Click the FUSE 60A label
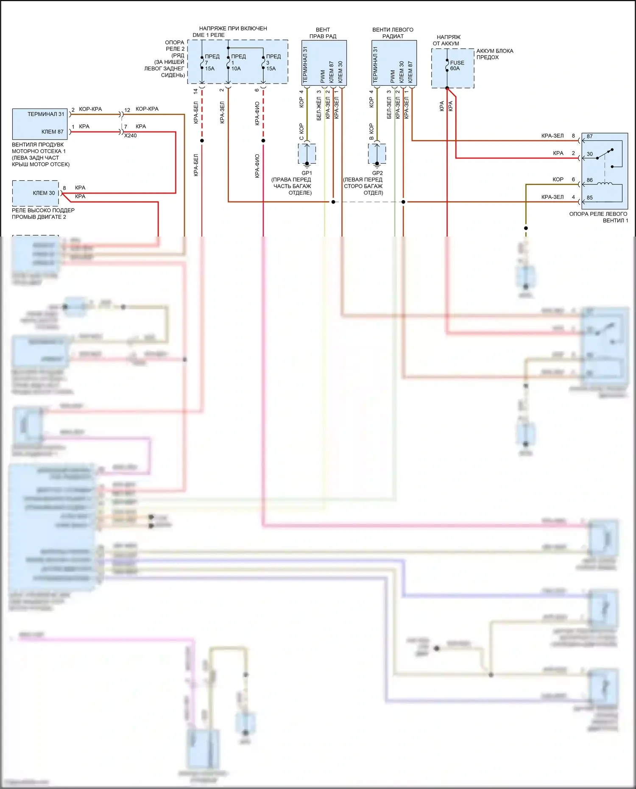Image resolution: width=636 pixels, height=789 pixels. click(x=457, y=65)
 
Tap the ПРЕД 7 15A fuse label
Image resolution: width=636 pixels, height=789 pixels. click(x=211, y=62)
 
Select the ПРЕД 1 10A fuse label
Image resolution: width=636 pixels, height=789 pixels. click(x=237, y=62)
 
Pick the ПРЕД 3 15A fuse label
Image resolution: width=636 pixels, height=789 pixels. click(x=273, y=62)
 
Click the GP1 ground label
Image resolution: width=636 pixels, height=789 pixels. click(x=307, y=173)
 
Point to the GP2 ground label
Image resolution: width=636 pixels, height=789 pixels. click(x=377, y=173)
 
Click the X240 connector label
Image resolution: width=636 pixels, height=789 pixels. click(x=130, y=136)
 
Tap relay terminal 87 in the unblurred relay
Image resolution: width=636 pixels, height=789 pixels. click(x=589, y=137)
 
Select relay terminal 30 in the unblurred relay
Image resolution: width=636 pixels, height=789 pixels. click(x=589, y=154)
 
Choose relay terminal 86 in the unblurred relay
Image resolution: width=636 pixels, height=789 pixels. click(x=589, y=180)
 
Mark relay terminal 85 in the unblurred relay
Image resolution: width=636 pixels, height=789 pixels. click(x=589, y=198)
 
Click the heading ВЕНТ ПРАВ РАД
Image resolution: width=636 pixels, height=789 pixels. click(x=323, y=33)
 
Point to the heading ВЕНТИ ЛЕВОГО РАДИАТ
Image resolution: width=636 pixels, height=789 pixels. click(x=393, y=33)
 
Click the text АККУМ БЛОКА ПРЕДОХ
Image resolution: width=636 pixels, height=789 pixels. click(x=494, y=54)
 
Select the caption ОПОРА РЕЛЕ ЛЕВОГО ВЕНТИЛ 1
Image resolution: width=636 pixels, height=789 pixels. click(x=598, y=217)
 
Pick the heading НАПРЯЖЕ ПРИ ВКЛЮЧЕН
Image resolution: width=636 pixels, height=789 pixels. click(x=233, y=28)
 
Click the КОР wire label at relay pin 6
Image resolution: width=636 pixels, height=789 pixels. click(x=558, y=179)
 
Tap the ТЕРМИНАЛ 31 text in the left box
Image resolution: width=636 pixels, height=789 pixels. click(x=46, y=114)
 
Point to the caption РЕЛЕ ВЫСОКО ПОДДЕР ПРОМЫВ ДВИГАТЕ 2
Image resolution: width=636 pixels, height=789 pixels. click(x=43, y=214)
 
